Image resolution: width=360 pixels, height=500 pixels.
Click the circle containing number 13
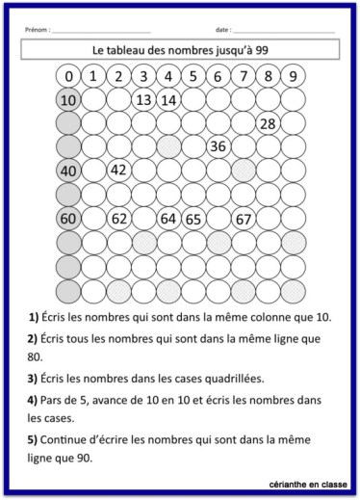(x=143, y=99)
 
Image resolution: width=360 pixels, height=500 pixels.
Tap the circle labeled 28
(x=268, y=122)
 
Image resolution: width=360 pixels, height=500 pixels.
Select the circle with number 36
(x=218, y=146)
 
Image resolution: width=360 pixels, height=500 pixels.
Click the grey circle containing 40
(x=68, y=171)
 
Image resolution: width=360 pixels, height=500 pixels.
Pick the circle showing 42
(x=118, y=171)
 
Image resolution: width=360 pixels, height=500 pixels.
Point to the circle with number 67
(x=244, y=219)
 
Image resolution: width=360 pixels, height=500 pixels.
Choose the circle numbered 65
(x=193, y=219)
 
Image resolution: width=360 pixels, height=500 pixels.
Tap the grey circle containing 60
(x=68, y=219)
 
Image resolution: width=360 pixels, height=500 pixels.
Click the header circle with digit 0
(x=68, y=76)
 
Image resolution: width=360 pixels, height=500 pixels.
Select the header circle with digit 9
(x=293, y=76)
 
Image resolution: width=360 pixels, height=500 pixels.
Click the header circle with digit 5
(x=193, y=76)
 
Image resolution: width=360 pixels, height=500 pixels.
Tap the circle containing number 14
(x=168, y=99)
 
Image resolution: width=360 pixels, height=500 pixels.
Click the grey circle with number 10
(x=68, y=99)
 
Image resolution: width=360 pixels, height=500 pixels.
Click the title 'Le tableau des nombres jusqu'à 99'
(x=181, y=48)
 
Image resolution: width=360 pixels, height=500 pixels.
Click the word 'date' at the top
(x=222, y=30)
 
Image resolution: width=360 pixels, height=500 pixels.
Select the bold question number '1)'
(x=34, y=317)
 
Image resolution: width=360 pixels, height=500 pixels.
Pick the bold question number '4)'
(x=34, y=398)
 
